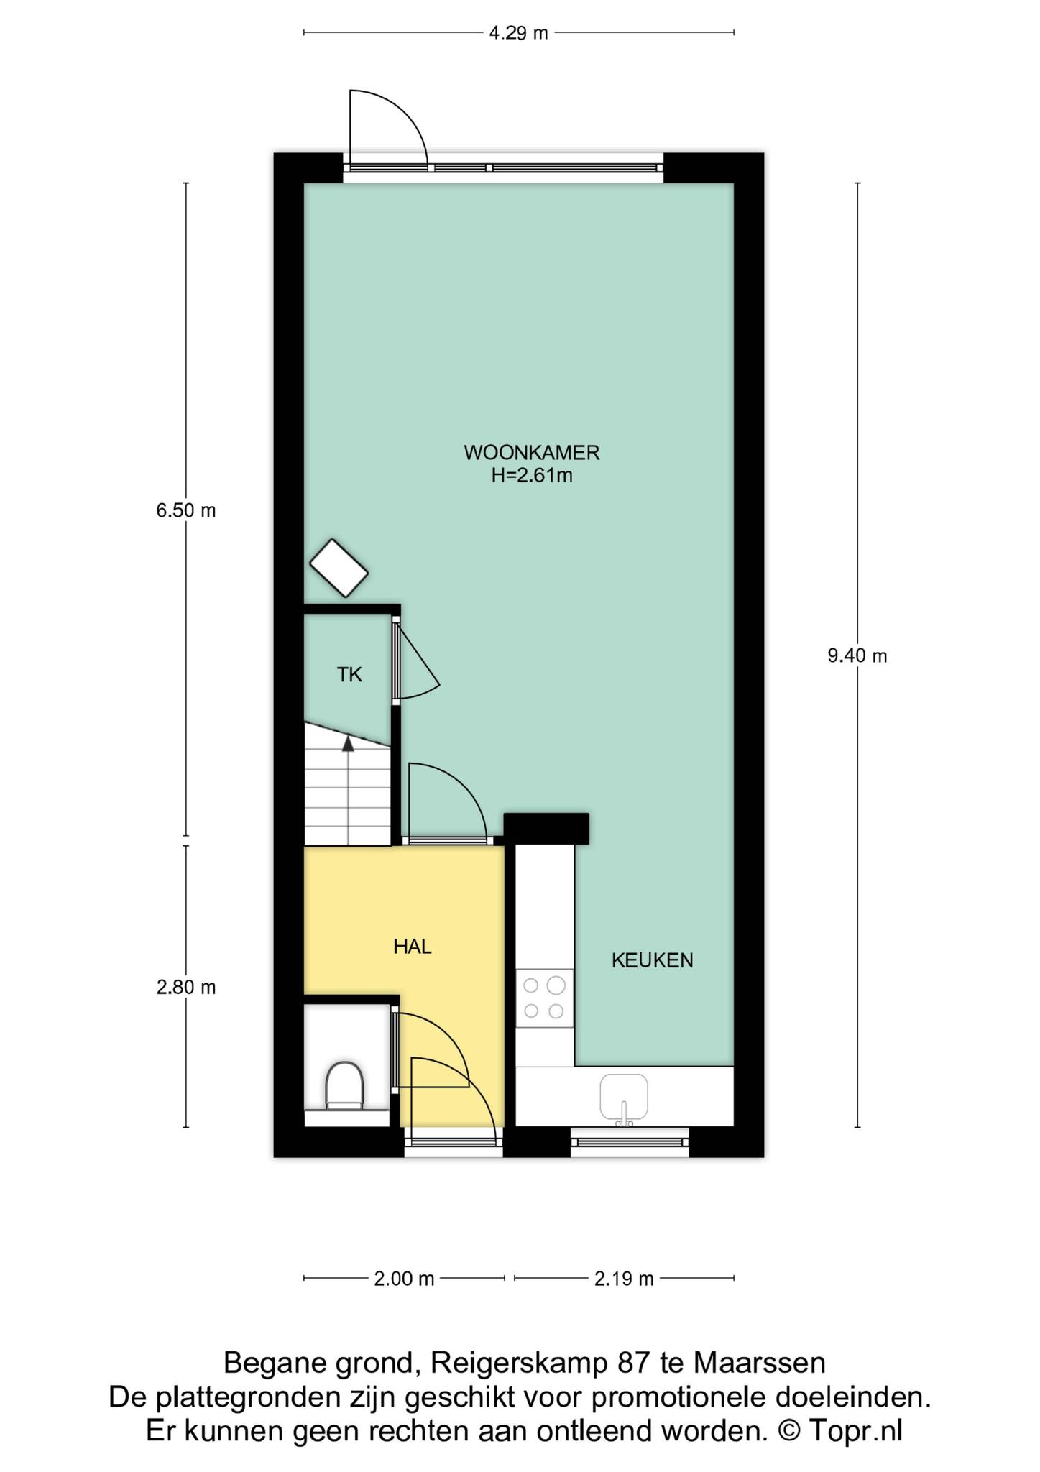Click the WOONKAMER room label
[x=532, y=453]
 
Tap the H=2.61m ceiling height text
[x=532, y=475]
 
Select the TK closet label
[x=350, y=674]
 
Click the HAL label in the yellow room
[x=413, y=947]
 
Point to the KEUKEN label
[x=653, y=960]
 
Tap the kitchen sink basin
[x=624, y=1098]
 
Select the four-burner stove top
[x=544, y=998]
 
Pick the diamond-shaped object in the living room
[x=339, y=568]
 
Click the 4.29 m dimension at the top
[x=518, y=33]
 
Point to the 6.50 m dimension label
[x=186, y=510]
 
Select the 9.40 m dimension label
[x=857, y=655]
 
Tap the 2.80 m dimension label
[x=186, y=987]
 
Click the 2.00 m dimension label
[x=404, y=1279]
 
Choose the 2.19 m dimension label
[x=624, y=1279]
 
